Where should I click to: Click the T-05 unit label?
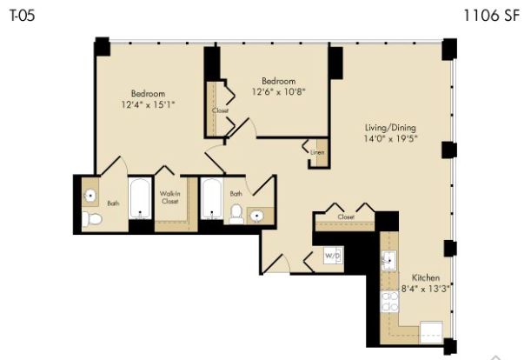[x=23, y=16]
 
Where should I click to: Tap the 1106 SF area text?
[x=491, y=16]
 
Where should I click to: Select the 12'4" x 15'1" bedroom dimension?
[x=148, y=104]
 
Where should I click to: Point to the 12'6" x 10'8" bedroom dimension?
[x=278, y=91]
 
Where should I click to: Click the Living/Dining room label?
[x=390, y=128]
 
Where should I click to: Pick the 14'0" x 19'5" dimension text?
[x=390, y=138]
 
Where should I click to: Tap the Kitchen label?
[x=426, y=277]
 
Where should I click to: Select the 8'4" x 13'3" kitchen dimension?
[x=426, y=289]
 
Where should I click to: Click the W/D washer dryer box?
[x=333, y=256]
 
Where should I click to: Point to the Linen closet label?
[x=317, y=152]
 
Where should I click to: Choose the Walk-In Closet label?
[x=170, y=197]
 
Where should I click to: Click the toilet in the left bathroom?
[x=91, y=218]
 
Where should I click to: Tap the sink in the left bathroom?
[x=90, y=196]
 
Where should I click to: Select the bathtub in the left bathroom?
[x=140, y=198]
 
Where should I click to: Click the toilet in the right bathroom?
[x=236, y=214]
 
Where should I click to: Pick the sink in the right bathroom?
[x=257, y=216]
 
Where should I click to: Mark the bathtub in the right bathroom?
[x=212, y=199]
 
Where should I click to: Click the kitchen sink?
[x=388, y=261]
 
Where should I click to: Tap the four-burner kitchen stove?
[x=390, y=302]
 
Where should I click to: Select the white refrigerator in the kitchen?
[x=431, y=332]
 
